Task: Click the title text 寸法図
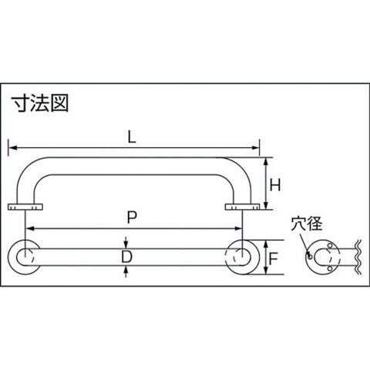pos(40,103)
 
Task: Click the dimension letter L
pos(132,138)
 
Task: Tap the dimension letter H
pos(275,185)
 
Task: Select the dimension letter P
pos(132,218)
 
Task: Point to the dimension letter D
pos(126,257)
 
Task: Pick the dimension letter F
pos(273,259)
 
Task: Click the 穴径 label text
pos(307,224)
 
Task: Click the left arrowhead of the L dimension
pos(12,148)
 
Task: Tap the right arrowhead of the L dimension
pos(255,148)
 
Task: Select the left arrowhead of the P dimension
pos(30,228)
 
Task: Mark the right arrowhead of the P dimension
pos(238,228)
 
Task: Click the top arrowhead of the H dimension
pos(266,162)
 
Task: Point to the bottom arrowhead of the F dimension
pos(266,270)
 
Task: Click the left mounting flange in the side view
pos(25,207)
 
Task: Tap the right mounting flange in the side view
pos(242,207)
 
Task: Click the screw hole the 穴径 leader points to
pos(310,256)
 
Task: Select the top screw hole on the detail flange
pos(330,245)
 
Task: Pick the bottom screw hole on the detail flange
pos(330,268)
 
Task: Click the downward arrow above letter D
pos(126,243)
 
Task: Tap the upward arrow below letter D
pos(126,271)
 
